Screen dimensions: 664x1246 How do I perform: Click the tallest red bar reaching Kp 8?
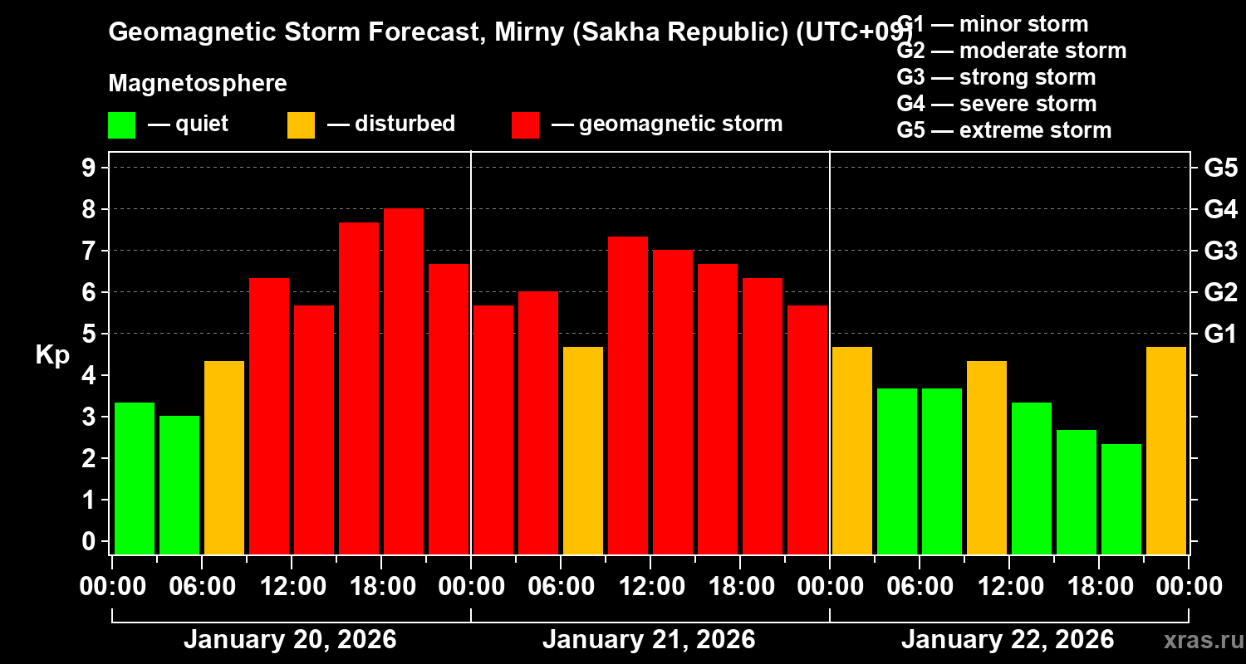[404, 382]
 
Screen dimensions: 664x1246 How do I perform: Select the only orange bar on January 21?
[583, 451]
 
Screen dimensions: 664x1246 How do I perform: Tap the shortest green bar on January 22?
[1121, 499]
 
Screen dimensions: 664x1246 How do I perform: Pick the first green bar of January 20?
[135, 478]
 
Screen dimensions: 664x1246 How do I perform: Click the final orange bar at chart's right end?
[1166, 451]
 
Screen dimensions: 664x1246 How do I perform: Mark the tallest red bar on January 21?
[628, 395]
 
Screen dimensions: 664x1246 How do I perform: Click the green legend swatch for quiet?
[121, 124]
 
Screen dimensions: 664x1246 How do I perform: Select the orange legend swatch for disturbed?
[301, 124]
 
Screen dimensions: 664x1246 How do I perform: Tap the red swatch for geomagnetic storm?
[525, 124]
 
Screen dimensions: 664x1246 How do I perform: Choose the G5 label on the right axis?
[1220, 168]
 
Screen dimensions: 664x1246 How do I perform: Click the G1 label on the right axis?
[1220, 334]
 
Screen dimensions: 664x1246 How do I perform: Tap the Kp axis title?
[52, 354]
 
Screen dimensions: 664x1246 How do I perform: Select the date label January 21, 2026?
[649, 640]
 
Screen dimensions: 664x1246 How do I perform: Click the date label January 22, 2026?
[1008, 640]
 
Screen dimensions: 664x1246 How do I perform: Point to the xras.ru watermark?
[1203, 641]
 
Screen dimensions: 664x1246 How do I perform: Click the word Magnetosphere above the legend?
[198, 84]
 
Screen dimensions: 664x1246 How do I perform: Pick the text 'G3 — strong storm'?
[996, 77]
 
